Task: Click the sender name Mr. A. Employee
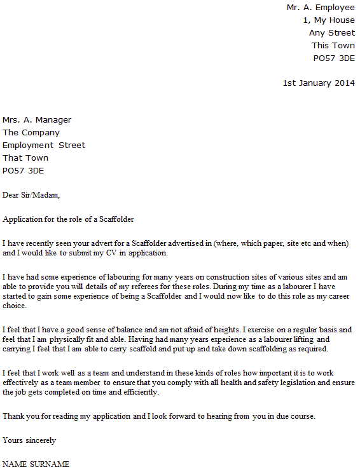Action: [320, 8]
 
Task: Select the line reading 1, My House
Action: [329, 20]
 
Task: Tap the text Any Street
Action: [331, 33]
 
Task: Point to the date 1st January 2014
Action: [319, 83]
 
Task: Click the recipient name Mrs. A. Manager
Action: [37, 120]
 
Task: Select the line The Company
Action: [31, 133]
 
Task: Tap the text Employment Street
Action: [44, 146]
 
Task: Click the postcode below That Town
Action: [24, 171]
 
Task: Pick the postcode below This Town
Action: [334, 58]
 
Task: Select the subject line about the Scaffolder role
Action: [68, 219]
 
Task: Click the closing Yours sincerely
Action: [29, 440]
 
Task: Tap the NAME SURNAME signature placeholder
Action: [36, 464]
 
